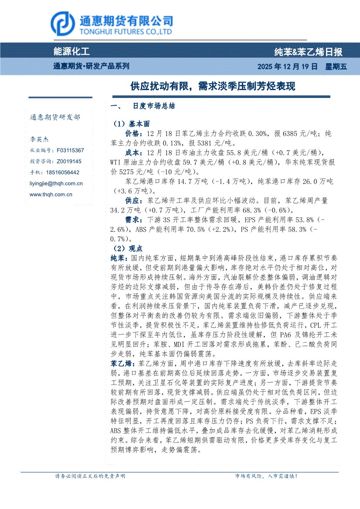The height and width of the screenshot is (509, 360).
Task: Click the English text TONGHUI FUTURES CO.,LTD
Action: click(125, 32)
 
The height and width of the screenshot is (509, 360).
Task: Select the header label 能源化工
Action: click(71, 52)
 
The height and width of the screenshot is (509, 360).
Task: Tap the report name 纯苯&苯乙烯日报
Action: click(308, 52)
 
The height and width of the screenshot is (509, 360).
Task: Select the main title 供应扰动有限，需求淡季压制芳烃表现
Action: click(213, 86)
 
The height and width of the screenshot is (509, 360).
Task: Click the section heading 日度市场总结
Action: click(154, 106)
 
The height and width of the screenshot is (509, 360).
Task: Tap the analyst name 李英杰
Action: click(39, 140)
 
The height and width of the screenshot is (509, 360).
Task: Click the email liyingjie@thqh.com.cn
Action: click(56, 184)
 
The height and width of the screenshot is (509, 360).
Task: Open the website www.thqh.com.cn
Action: click(51, 195)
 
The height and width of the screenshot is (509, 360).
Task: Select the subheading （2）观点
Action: click(127, 249)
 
